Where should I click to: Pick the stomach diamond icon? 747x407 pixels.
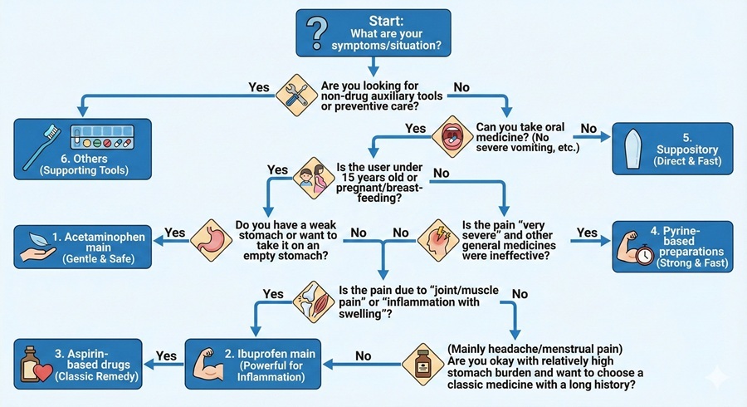(x=210, y=236)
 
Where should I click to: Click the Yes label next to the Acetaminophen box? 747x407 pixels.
(x=176, y=233)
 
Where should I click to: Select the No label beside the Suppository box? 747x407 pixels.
(x=588, y=128)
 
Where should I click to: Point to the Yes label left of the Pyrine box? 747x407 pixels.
(x=587, y=233)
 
